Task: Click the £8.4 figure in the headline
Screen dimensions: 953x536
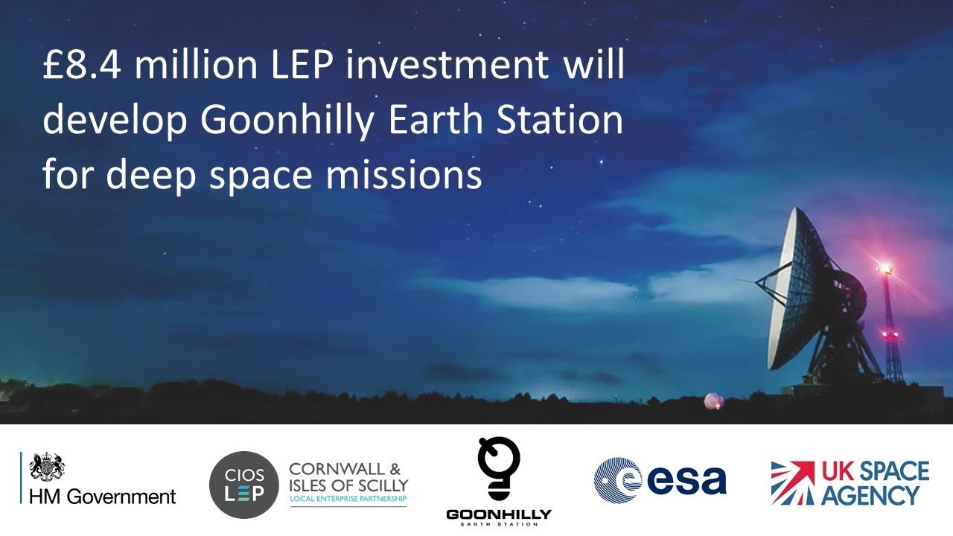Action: (x=83, y=65)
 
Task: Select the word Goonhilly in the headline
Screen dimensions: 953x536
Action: (x=287, y=121)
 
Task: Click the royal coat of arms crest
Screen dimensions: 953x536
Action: (x=47, y=467)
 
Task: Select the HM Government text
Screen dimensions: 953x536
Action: (x=103, y=497)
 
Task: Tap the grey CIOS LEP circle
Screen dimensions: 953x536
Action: (x=243, y=485)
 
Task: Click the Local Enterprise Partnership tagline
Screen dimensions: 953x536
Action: (x=348, y=499)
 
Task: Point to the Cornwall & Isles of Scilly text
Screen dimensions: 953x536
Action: (x=348, y=477)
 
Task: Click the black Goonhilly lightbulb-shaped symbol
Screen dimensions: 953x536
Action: (x=499, y=468)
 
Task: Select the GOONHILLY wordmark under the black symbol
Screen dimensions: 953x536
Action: (x=499, y=514)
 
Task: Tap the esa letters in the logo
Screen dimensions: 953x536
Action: (x=686, y=481)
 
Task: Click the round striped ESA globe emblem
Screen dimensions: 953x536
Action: (x=618, y=480)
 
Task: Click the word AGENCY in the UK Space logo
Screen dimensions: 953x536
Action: (x=870, y=495)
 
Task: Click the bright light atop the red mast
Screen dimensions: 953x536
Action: (x=886, y=267)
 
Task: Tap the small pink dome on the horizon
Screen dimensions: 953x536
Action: (x=714, y=401)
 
